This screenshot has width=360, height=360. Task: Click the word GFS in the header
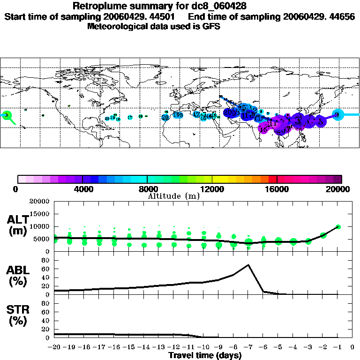pos(211,26)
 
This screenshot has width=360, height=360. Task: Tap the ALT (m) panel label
pos(18,225)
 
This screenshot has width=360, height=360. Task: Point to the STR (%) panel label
pos(18,315)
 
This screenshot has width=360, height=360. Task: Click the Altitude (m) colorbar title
pos(173,195)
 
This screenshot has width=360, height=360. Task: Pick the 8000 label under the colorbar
pos(147,189)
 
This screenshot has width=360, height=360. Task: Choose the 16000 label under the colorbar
pos(277,189)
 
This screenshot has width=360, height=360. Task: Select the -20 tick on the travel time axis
pos(55,347)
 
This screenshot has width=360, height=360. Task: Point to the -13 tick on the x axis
pos(158,347)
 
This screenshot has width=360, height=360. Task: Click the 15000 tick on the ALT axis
pos(40,214)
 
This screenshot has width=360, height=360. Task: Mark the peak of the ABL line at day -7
pos(248,265)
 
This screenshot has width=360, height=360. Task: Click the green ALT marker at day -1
pos(338,227)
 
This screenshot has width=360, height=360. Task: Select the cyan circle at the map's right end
pos(338,114)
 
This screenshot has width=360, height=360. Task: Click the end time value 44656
pos(340,16)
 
